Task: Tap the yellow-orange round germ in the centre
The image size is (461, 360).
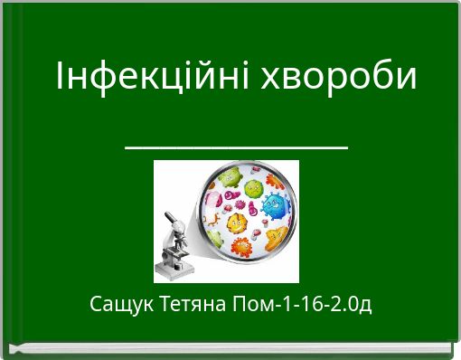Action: point(237,223)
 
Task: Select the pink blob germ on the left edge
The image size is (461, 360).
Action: point(207,201)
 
